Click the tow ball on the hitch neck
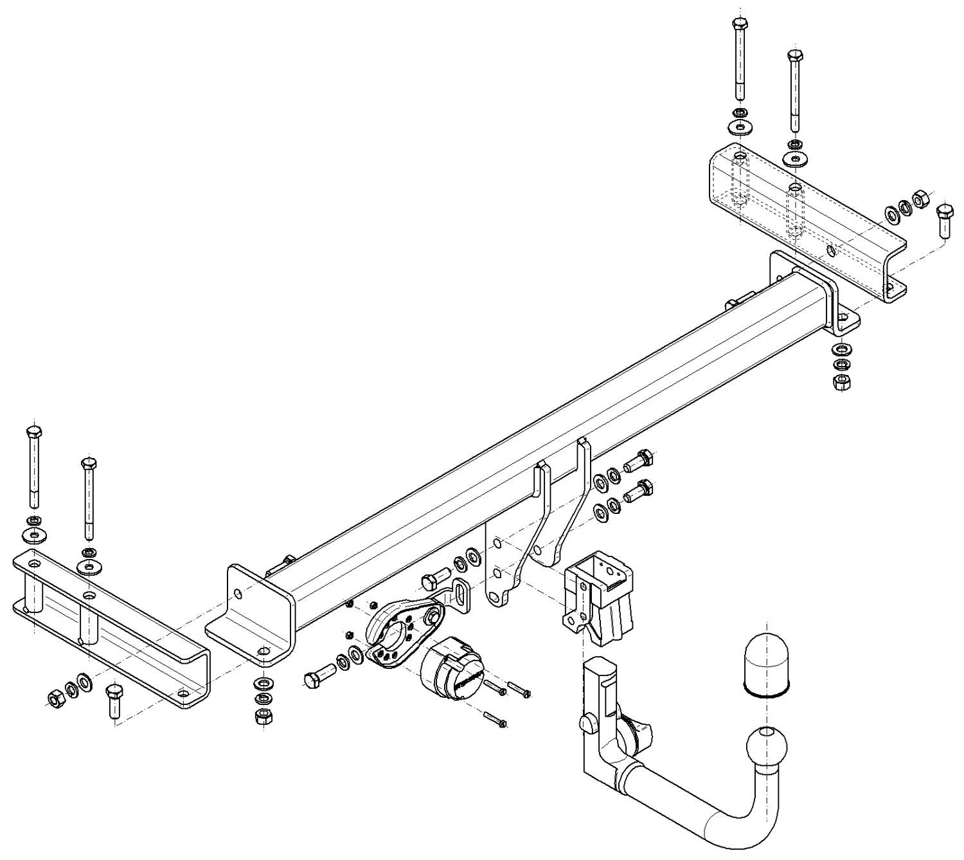766,746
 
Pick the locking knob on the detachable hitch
587,723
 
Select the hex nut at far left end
55,695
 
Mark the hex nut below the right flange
841,381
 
